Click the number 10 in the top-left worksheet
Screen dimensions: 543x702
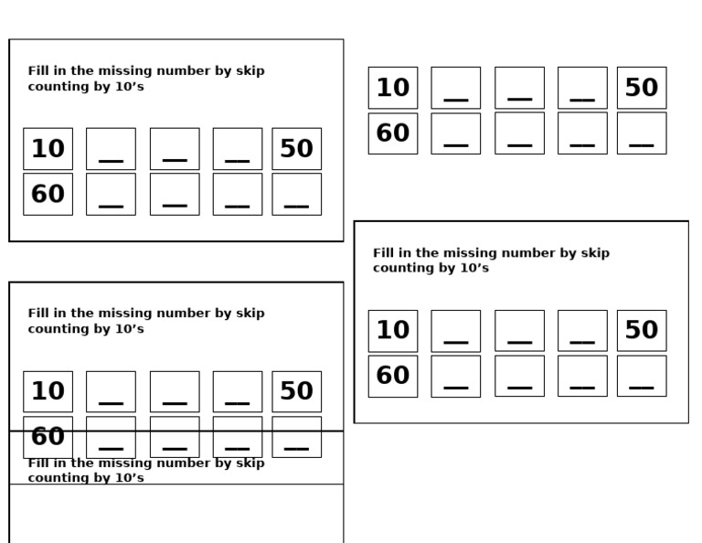pyautogui.click(x=48, y=148)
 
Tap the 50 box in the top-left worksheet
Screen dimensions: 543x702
pyautogui.click(x=296, y=148)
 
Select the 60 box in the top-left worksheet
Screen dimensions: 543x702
pyautogui.click(x=48, y=194)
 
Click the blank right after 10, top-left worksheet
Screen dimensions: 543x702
pyautogui.click(x=111, y=148)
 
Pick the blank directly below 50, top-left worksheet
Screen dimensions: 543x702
pyautogui.click(x=296, y=194)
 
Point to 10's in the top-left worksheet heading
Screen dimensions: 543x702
pyautogui.click(x=127, y=87)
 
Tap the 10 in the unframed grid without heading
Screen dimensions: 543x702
pyautogui.click(x=393, y=88)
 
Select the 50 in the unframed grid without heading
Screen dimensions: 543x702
pyautogui.click(x=641, y=88)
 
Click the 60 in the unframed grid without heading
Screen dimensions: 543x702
pyautogui.click(x=393, y=133)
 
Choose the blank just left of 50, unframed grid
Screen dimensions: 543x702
pyautogui.click(x=582, y=88)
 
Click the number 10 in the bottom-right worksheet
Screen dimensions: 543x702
pyautogui.click(x=393, y=330)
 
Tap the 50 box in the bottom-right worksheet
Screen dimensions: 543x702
pyautogui.click(x=641, y=330)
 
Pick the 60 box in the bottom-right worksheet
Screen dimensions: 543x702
pyautogui.click(x=393, y=376)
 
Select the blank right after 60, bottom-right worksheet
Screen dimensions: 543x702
pyautogui.click(x=455, y=376)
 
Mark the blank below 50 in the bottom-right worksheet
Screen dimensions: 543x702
pyautogui.click(x=641, y=376)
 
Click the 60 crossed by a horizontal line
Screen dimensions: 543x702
pyautogui.click(x=48, y=436)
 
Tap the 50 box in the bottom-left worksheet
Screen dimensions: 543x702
pyautogui.click(x=296, y=391)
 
